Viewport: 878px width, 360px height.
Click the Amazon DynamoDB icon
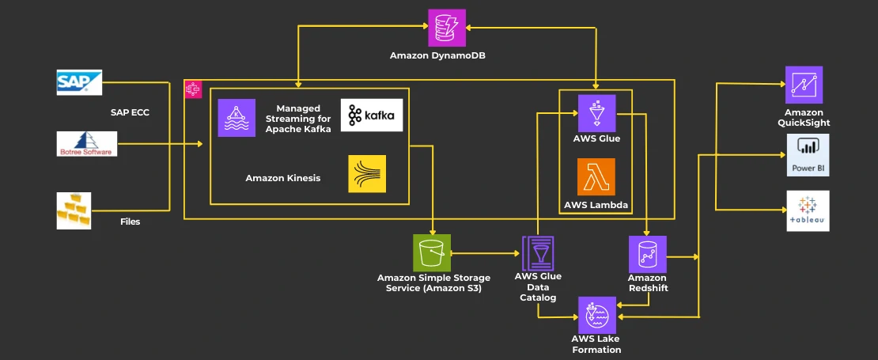[x=447, y=28]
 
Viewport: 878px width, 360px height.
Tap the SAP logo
[x=79, y=82]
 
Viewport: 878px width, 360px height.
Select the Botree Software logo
[x=87, y=143]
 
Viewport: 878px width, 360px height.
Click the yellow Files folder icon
[x=79, y=210]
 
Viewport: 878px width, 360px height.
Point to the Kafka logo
[x=371, y=116]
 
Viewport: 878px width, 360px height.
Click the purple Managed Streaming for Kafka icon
[x=237, y=118]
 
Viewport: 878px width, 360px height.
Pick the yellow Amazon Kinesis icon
[x=367, y=174]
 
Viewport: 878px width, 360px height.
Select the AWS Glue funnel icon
[x=596, y=113]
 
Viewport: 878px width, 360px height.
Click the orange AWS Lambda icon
[x=596, y=177]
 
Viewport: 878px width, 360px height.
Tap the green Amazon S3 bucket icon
[x=432, y=253]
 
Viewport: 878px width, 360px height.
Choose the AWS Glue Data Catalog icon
[x=538, y=253]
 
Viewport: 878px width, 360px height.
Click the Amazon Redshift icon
[x=647, y=254]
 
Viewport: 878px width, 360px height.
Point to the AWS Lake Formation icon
[x=596, y=315]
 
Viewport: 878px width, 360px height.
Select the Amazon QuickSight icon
[x=804, y=85]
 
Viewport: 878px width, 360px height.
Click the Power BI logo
[x=808, y=153]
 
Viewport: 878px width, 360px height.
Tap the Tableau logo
[x=808, y=210]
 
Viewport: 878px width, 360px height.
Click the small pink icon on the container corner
[x=192, y=89]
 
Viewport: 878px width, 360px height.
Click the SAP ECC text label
[x=130, y=112]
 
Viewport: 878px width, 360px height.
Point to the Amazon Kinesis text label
[x=282, y=178]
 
